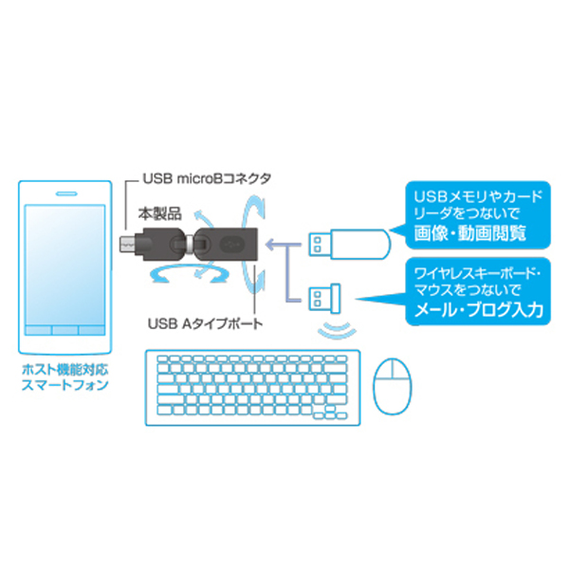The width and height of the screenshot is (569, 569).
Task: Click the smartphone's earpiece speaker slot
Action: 66,193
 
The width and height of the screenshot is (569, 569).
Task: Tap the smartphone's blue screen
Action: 64,266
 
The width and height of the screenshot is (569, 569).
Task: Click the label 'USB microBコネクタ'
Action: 207,178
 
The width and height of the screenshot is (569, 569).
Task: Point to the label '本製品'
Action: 159,214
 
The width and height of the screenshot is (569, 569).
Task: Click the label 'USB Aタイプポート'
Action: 205,323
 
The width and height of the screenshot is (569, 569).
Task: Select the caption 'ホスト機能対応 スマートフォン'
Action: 64,377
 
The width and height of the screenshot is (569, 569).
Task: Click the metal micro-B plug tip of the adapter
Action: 125,244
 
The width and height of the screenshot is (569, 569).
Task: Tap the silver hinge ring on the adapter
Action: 190,244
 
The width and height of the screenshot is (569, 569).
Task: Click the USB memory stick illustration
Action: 349,245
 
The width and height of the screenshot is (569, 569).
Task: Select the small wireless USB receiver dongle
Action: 324,298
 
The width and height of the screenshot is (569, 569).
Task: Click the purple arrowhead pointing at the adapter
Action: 270,245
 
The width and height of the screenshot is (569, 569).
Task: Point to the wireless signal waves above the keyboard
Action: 337,329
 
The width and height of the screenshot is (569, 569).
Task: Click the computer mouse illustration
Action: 393,386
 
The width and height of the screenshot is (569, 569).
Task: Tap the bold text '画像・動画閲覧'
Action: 469,233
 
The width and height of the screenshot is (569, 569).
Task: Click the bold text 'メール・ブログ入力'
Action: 479,310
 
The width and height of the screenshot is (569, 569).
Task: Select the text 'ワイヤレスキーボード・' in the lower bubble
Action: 478,273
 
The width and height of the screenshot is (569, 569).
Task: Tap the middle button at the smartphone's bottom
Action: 64,330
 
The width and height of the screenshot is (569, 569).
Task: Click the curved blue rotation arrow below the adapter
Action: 190,273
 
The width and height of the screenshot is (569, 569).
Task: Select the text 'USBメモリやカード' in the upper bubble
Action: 478,196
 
